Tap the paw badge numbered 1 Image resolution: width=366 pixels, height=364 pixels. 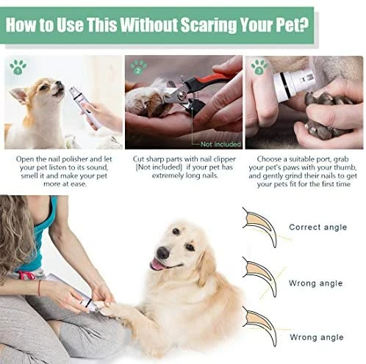(17, 68)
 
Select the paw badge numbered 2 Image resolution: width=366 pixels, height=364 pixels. (137, 68)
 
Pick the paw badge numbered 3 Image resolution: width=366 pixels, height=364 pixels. (258, 68)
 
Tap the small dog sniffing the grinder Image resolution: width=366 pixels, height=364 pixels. (40, 110)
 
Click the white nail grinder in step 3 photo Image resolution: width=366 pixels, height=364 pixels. (293, 81)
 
